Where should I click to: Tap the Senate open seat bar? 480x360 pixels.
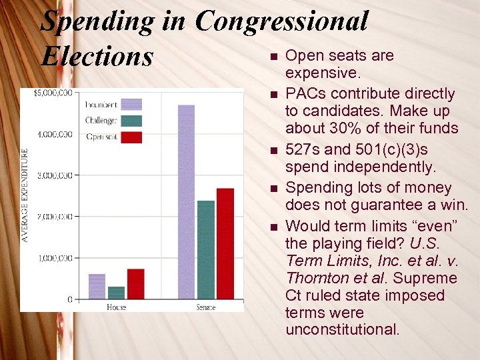[x=225, y=243]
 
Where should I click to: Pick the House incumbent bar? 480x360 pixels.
[x=97, y=286]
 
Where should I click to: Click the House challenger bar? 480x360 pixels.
[x=117, y=292]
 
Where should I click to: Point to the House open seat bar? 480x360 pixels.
[x=135, y=283]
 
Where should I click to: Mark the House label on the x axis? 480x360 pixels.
[x=117, y=307]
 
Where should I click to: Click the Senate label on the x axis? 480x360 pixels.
[x=206, y=307]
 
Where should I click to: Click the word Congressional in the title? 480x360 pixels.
[x=281, y=21]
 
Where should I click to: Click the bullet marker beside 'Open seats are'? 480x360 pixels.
[x=273, y=57]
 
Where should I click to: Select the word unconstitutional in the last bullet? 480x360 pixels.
[x=342, y=330]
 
